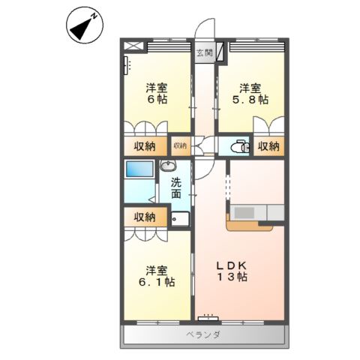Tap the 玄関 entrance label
203,52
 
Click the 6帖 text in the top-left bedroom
156,100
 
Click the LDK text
232,265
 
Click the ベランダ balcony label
203,334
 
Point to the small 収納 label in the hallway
180,145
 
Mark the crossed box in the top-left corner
133,46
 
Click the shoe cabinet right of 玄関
222,53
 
